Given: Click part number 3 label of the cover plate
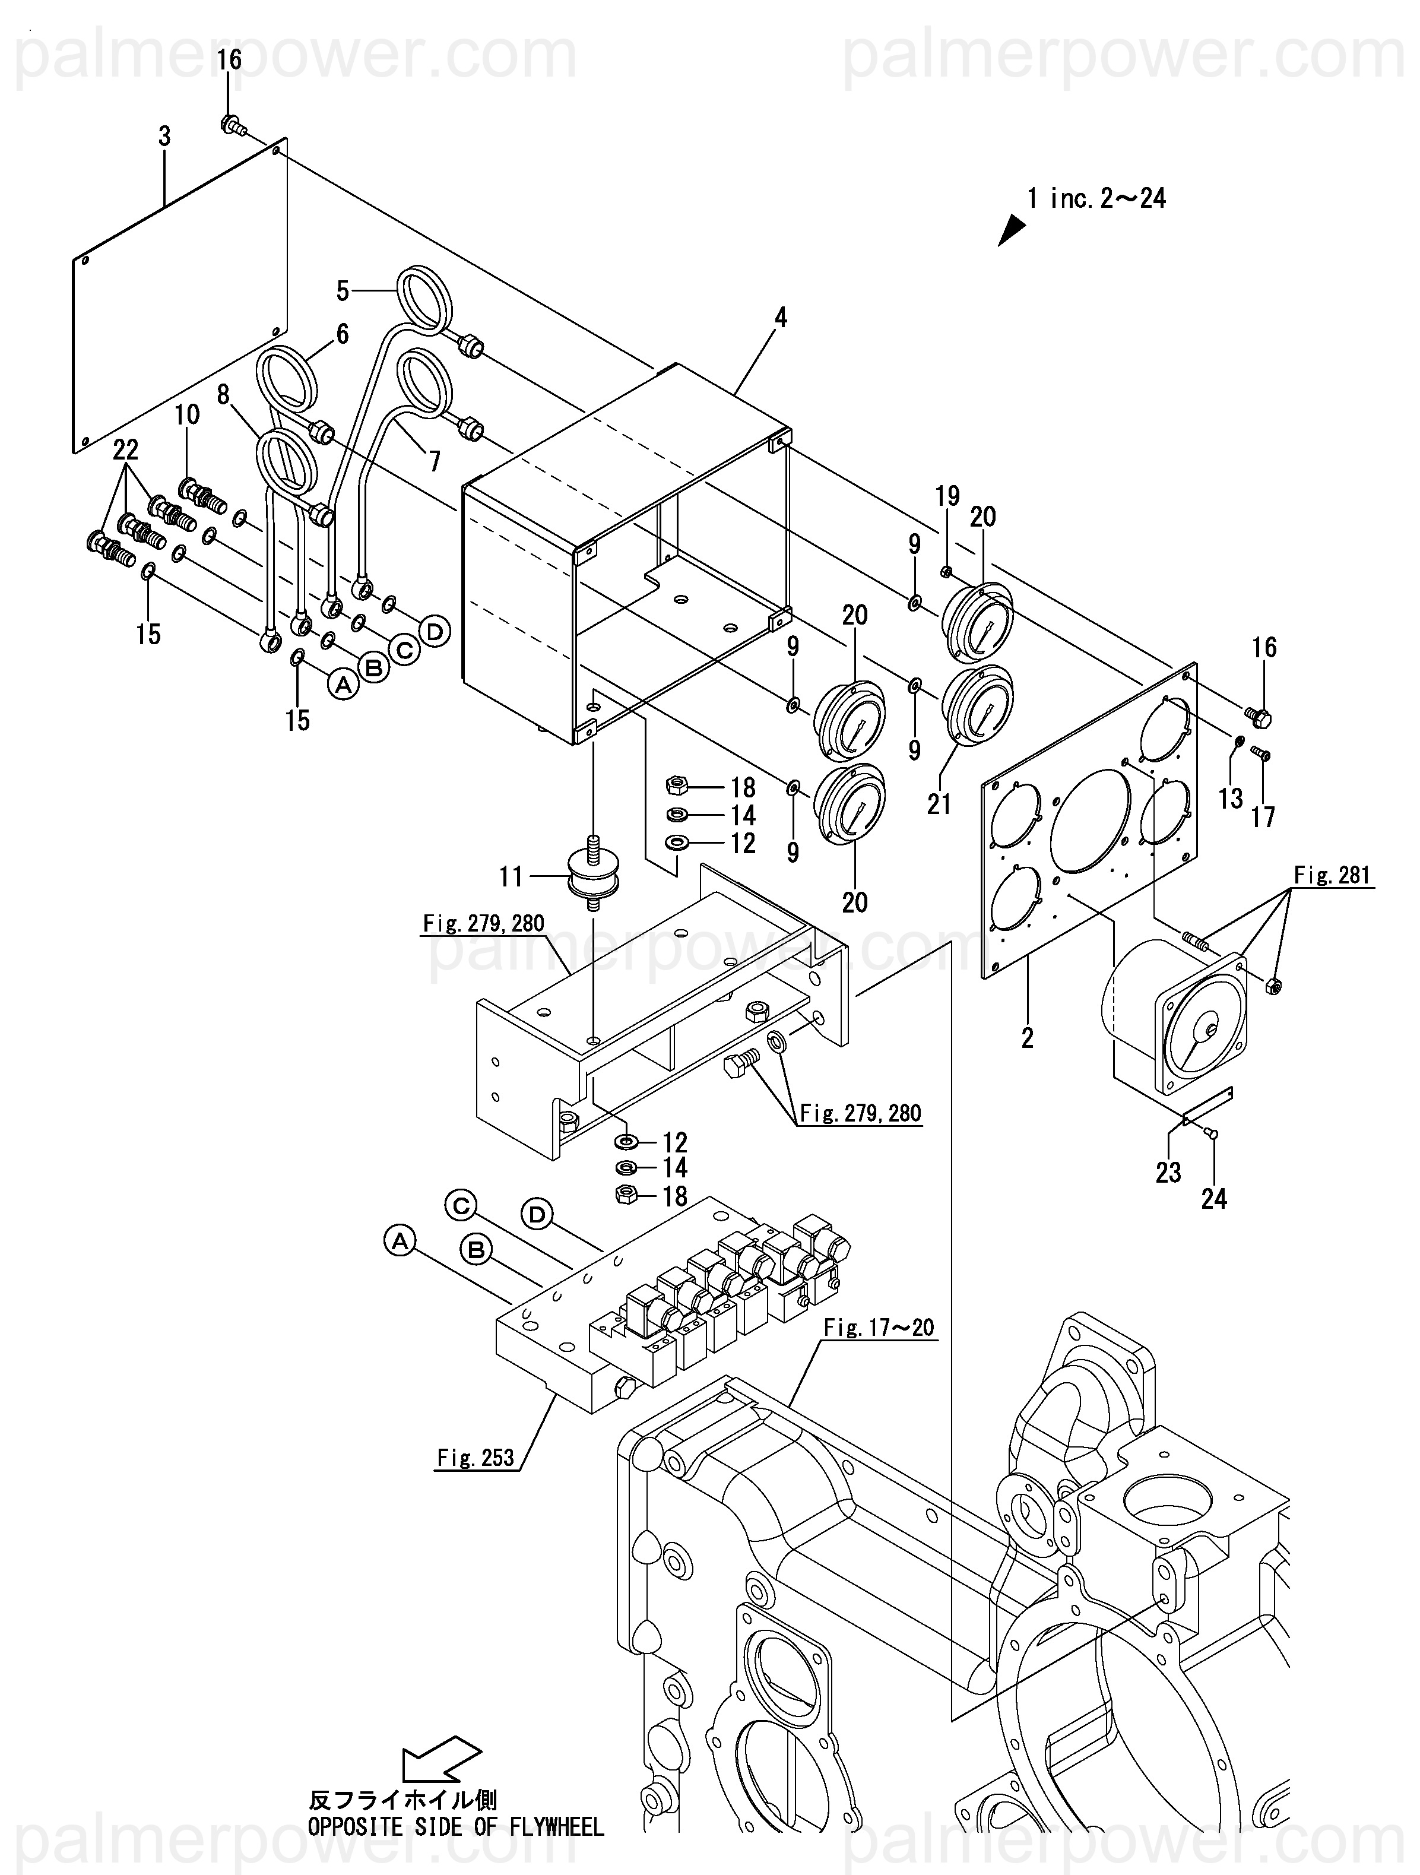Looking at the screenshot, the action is click(x=164, y=137).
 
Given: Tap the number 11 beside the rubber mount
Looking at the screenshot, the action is click(x=511, y=876).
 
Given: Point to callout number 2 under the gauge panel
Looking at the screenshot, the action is click(x=1028, y=1037).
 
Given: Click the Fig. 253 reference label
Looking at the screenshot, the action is click(x=476, y=1458).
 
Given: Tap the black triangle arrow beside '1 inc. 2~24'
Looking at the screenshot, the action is click(x=1012, y=229).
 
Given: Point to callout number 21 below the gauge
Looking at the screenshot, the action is click(x=939, y=803).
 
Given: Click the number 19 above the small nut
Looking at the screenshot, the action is click(x=947, y=496).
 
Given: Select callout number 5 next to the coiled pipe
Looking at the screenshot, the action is click(x=343, y=292).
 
